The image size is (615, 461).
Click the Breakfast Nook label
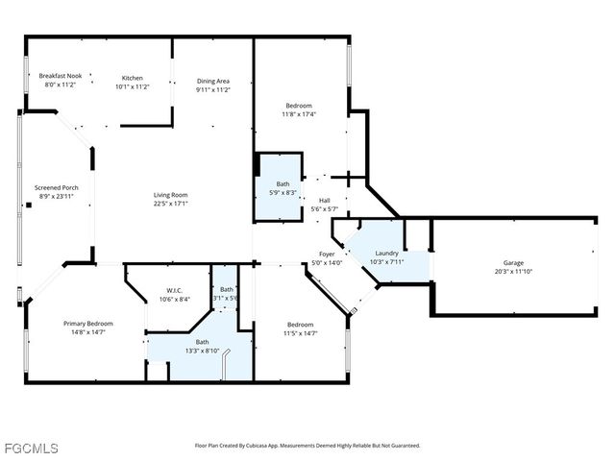click(61, 75)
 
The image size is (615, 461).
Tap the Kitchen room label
click(133, 78)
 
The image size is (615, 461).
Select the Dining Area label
click(213, 82)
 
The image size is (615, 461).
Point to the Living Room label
click(171, 195)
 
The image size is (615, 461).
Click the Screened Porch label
click(55, 187)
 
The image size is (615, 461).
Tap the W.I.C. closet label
click(174, 290)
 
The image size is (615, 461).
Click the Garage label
click(514, 262)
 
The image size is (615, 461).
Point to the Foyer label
click(328, 255)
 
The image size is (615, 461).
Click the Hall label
click(326, 201)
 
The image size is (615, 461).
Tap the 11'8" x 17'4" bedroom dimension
click(299, 114)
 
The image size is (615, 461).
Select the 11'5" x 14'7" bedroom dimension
click(300, 333)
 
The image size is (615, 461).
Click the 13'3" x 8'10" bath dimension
click(202, 351)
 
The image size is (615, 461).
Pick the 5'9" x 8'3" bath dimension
click(283, 192)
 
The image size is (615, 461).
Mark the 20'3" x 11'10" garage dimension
click(514, 271)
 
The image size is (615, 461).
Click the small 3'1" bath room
click(227, 294)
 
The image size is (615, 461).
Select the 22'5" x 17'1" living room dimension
click(171, 204)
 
